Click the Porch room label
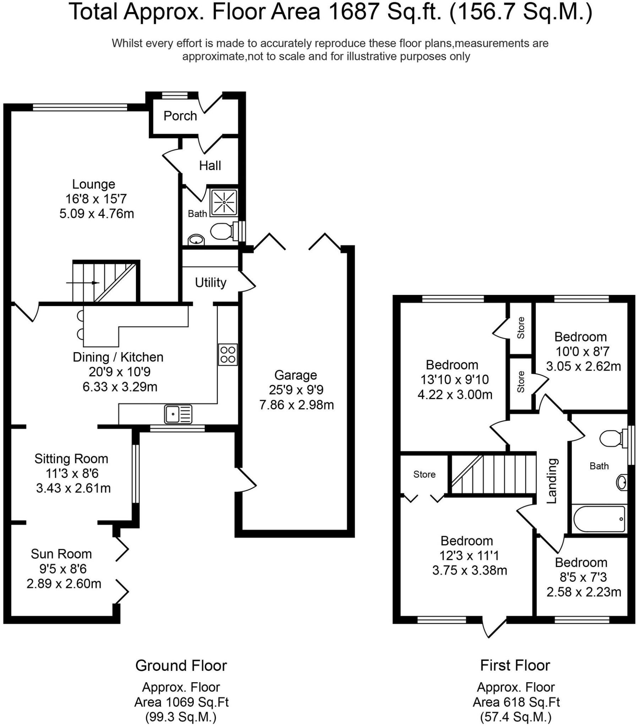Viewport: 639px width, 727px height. pyautogui.click(x=180, y=116)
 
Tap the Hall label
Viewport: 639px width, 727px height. pyautogui.click(x=210, y=166)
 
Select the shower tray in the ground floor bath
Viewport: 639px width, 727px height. pyautogui.click(x=224, y=202)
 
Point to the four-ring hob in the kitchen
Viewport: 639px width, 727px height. pyautogui.click(x=228, y=355)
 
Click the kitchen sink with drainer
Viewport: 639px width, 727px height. pyautogui.click(x=178, y=414)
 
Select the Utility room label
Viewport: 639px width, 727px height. pyautogui.click(x=211, y=283)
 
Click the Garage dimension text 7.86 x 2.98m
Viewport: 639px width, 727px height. pyautogui.click(x=296, y=405)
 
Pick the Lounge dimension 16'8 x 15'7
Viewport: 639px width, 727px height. pyautogui.click(x=96, y=199)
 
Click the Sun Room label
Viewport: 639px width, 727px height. pyautogui.click(x=61, y=554)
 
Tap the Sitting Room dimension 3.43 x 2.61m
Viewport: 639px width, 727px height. pyautogui.click(x=73, y=488)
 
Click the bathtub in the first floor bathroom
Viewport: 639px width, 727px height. pyautogui.click(x=599, y=519)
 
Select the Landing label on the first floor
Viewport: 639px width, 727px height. pyautogui.click(x=551, y=481)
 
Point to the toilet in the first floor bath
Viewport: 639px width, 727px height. pyautogui.click(x=612, y=439)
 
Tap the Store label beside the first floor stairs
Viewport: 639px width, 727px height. pyautogui.click(x=424, y=474)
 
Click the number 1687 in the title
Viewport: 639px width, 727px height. pyautogui.click(x=354, y=11)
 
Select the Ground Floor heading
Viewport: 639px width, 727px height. pyautogui.click(x=181, y=666)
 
